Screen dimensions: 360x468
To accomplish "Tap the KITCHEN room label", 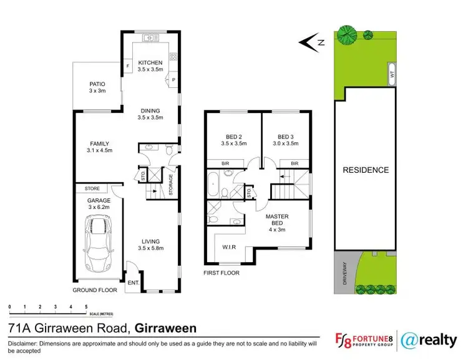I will (x=150, y=62).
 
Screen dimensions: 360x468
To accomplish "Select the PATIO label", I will (x=97, y=84).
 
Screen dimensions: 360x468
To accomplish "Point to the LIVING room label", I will (x=150, y=241).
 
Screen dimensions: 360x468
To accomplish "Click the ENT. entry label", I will (x=133, y=283).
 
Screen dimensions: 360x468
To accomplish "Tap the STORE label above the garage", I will (x=92, y=188).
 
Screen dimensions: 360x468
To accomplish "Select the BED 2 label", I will (x=234, y=137).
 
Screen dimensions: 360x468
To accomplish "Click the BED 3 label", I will (x=286, y=137).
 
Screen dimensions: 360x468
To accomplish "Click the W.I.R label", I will (x=230, y=248).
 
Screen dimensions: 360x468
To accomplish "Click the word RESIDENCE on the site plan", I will (x=366, y=170).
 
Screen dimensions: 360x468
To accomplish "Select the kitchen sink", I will (x=150, y=39).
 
